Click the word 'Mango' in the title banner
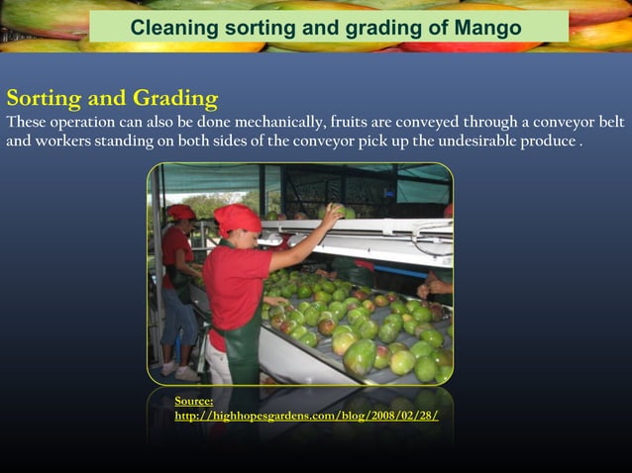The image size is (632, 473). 487,28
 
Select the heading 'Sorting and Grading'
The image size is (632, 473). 112,98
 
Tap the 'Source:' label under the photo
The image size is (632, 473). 194,401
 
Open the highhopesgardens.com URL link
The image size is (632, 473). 306,416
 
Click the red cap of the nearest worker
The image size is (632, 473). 237,218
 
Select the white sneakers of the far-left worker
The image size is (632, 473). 179,370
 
